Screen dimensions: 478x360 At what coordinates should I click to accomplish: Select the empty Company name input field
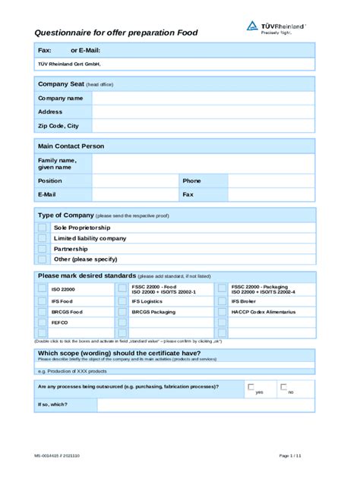[203, 98]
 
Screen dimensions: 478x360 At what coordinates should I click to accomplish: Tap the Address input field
[203, 112]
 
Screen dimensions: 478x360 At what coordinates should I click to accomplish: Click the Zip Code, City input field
[203, 126]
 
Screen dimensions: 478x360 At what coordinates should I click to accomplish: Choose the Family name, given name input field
[203, 164]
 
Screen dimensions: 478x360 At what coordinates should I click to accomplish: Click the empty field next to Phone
[270, 181]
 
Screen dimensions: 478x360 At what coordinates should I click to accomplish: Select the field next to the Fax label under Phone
[270, 195]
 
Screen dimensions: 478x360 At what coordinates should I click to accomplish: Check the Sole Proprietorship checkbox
[42, 228]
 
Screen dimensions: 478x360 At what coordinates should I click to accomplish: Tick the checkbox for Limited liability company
[42, 238]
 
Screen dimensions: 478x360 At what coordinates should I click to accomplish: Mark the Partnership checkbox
[42, 249]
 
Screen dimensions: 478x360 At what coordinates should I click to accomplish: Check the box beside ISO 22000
[42, 289]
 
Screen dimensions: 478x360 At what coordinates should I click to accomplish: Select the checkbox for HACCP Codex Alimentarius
[222, 312]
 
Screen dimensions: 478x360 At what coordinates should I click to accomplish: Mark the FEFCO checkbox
[42, 322]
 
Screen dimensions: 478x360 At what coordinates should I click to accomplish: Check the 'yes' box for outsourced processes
[251, 387]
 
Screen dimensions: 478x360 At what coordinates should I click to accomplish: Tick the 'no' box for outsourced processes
[283, 387]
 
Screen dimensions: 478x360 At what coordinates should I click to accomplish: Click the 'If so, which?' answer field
[205, 404]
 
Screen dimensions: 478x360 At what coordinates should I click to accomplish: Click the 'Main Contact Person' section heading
[71, 146]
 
